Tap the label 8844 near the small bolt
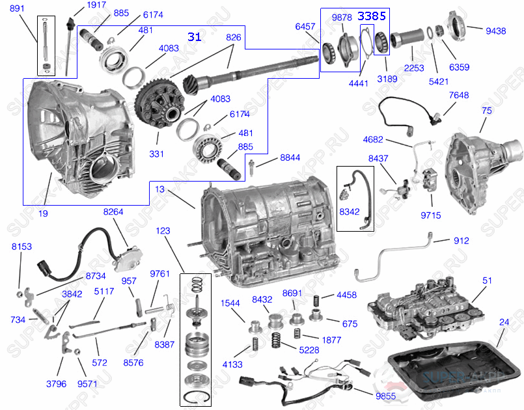tap(291, 157)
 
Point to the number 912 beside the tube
tap(462, 241)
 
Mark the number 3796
tap(56, 383)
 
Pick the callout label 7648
tap(458, 96)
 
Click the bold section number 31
tap(194, 36)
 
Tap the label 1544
tap(230, 303)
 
